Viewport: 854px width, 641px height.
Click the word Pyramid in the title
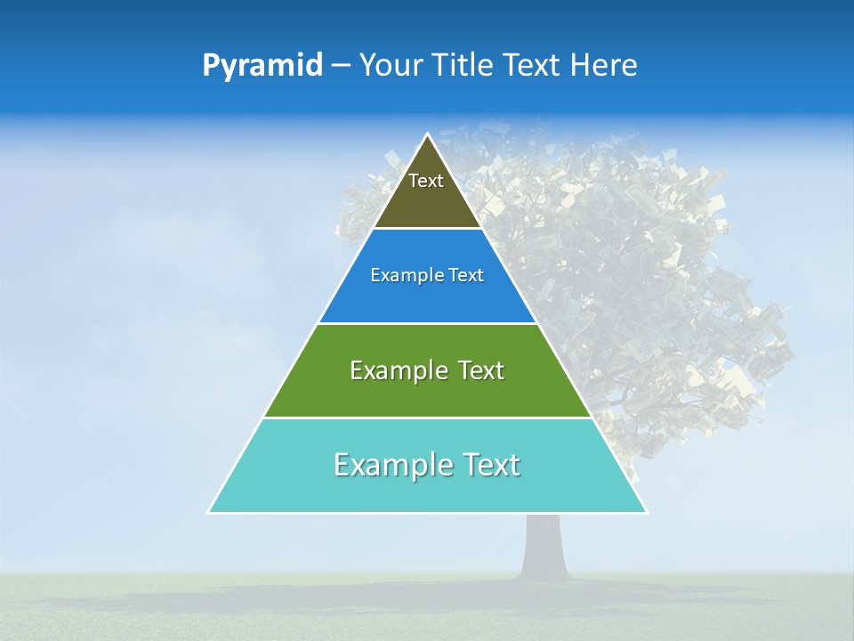(262, 66)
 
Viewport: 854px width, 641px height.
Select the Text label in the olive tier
(426, 181)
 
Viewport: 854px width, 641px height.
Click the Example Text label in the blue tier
(427, 276)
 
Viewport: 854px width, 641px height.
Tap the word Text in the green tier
(479, 371)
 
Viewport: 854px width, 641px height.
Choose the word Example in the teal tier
(391, 466)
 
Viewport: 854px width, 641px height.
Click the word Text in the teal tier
(490, 466)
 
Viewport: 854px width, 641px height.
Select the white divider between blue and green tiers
(427, 323)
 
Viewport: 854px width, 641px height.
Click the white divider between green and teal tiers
(427, 418)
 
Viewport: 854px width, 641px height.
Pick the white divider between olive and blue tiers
(427, 229)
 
